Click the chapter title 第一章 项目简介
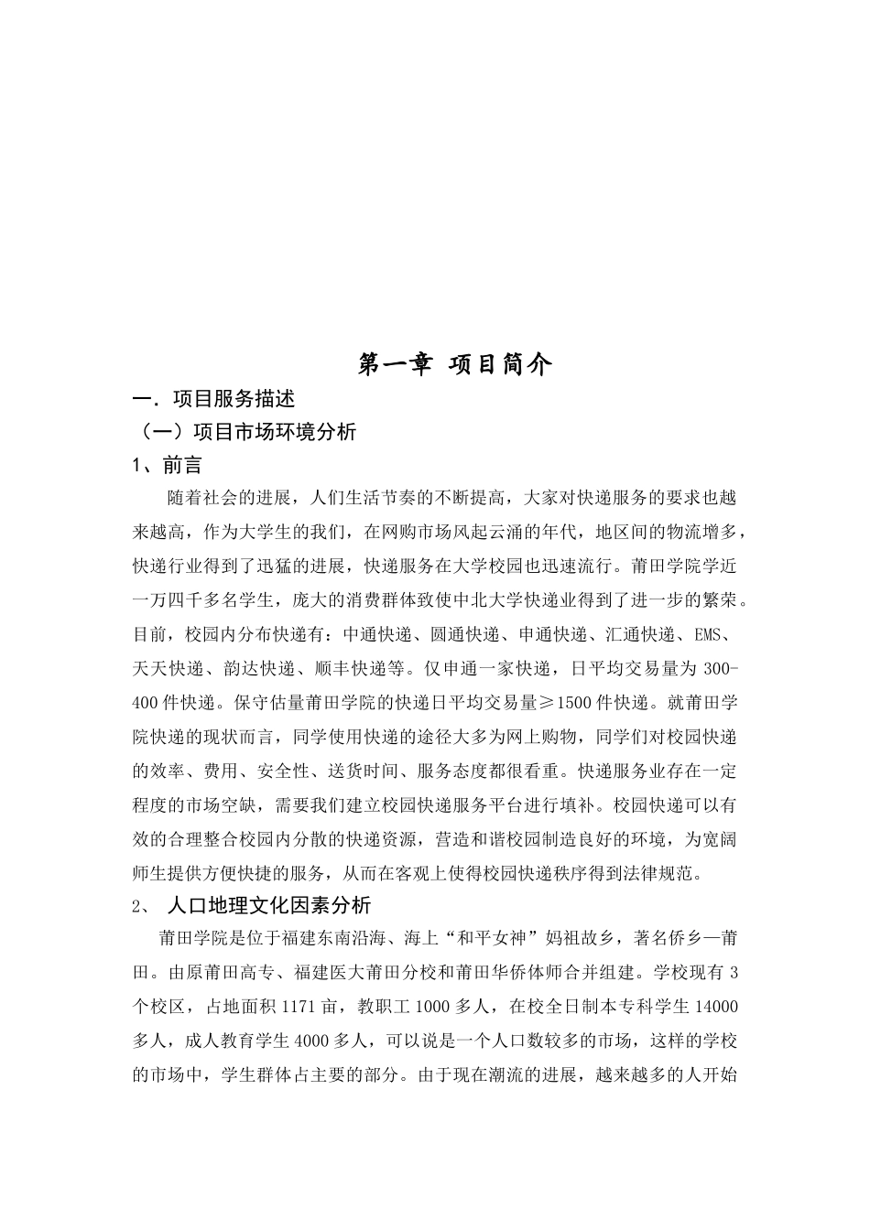(x=455, y=364)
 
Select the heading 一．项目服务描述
(x=214, y=399)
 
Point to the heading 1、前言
(x=167, y=466)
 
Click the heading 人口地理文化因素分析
(x=269, y=905)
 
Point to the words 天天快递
(x=167, y=669)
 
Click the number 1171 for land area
(x=298, y=1007)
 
